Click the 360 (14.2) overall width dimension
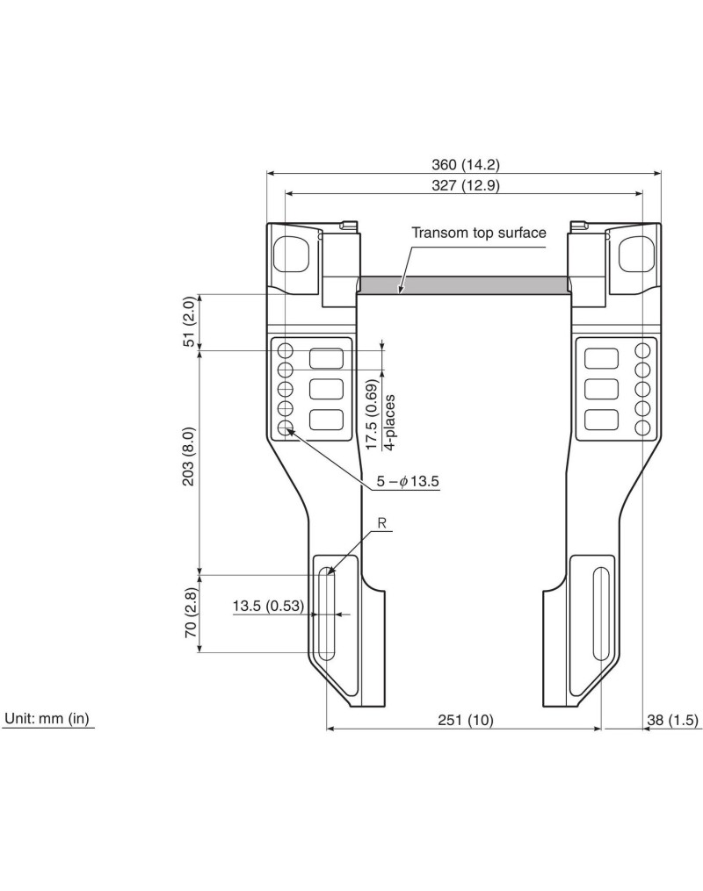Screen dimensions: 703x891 (465, 165)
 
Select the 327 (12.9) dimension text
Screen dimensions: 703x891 (465, 186)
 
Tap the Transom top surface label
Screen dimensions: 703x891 (478, 233)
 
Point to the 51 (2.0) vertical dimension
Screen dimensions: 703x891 (189, 321)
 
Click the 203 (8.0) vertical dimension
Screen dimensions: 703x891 (189, 456)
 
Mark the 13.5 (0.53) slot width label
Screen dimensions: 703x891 (268, 606)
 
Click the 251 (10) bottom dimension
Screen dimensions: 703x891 (465, 720)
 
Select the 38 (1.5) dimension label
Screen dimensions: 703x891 (672, 720)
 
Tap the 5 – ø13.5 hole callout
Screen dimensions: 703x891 (408, 482)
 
